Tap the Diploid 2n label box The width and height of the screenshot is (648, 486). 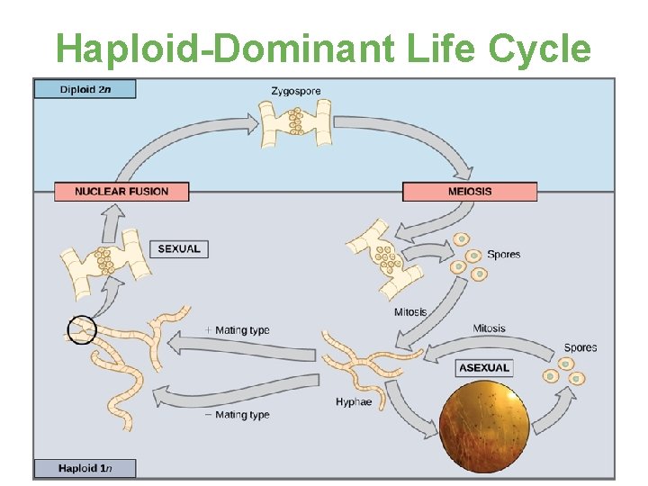85,89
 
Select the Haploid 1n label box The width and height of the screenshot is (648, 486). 85,468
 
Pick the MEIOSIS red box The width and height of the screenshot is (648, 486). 469,191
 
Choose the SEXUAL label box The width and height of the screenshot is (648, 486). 179,249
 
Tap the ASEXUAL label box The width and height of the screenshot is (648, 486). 484,367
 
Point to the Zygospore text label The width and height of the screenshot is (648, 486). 295,91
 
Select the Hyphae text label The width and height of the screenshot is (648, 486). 353,401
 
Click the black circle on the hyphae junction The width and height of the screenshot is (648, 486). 81,330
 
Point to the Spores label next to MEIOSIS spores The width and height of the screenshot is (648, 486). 503,255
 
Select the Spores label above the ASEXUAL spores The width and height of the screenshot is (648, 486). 580,347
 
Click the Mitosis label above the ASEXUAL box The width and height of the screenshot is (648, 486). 489,328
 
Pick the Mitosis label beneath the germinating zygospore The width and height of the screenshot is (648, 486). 409,312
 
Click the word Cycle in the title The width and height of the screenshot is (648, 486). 539,49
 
